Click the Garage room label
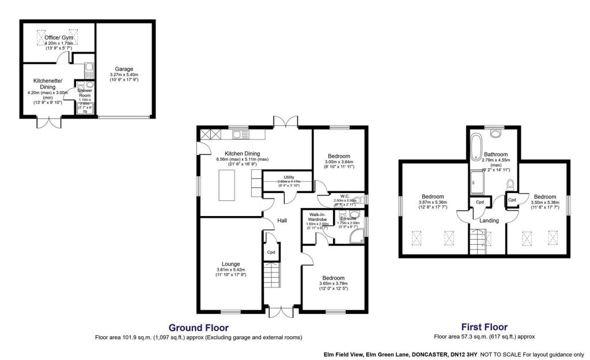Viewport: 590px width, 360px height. [x=124, y=69]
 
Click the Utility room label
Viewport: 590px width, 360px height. [x=289, y=177]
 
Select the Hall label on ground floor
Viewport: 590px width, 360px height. [x=282, y=221]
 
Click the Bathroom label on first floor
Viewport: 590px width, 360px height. [x=496, y=154]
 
